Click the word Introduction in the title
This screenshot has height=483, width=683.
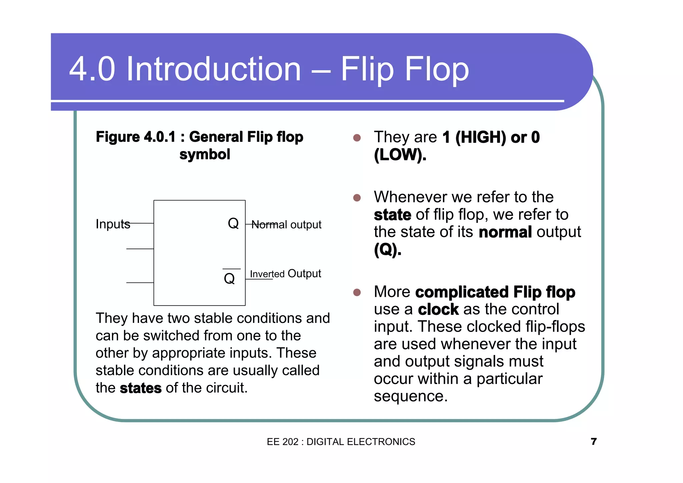coord(213,69)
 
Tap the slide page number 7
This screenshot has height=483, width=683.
coord(593,441)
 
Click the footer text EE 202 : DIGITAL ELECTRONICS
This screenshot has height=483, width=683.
coord(341,442)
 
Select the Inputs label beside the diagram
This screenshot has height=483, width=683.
coord(113,224)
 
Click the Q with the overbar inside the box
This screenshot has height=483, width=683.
coord(229,278)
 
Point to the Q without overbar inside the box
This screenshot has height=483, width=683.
coord(233,223)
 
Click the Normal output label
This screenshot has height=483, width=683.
coord(286,225)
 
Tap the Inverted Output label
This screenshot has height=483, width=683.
coord(285,274)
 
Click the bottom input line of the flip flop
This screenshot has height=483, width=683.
coord(140,283)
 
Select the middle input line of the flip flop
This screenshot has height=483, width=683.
coord(140,249)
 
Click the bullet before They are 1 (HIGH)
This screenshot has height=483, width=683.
coord(357,138)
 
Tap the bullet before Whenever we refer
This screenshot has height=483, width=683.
coord(357,198)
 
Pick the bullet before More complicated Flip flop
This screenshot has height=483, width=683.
coord(357,293)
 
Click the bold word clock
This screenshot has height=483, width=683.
coord(438,310)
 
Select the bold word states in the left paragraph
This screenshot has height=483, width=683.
coord(140,388)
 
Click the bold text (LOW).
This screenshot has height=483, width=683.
coord(400,155)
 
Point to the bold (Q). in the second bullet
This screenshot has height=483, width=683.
coord(388,249)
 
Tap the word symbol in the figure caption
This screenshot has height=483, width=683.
coord(204,154)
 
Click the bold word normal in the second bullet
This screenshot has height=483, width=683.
coord(505,232)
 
